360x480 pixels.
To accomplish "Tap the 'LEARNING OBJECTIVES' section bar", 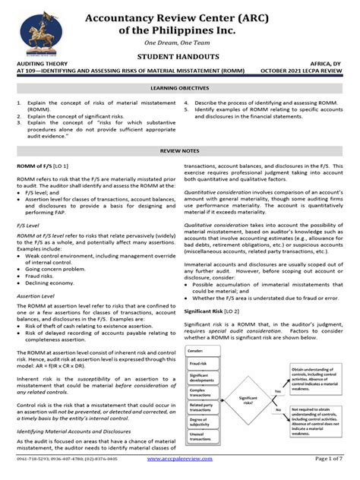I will click(x=180, y=88).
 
